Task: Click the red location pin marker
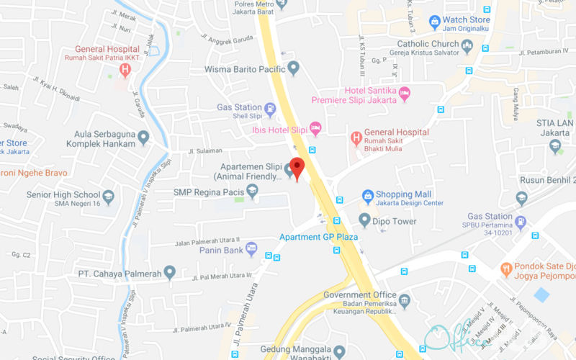coord(297,167)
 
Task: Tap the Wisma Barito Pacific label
coord(246,69)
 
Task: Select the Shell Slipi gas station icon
coord(270,109)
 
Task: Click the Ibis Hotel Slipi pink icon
coord(315,127)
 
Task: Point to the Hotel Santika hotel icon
coord(405,93)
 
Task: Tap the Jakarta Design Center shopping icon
coord(367,195)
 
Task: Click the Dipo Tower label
coord(395,221)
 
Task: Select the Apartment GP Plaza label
coord(318,238)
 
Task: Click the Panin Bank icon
coord(251,248)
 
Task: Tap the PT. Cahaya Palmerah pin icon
coord(170,272)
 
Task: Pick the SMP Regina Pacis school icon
coord(252,191)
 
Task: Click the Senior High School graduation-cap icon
coord(108,196)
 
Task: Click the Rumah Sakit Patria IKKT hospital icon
coord(126,70)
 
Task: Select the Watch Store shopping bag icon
coord(434,22)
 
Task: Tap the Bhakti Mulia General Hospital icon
coord(356,137)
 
